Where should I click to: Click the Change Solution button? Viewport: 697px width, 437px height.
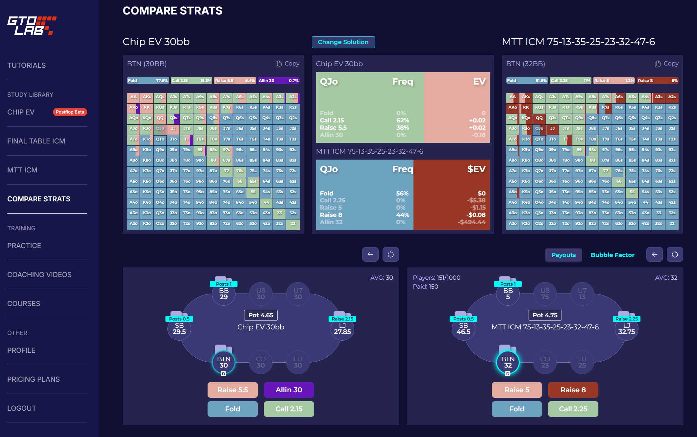point(343,42)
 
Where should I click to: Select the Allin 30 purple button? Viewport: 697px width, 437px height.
point(289,390)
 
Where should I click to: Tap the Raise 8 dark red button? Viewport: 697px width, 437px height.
point(573,390)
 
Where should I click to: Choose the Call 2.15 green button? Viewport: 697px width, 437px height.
point(289,409)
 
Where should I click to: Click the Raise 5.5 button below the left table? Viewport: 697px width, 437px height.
point(233,390)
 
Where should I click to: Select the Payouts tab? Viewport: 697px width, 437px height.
point(563,255)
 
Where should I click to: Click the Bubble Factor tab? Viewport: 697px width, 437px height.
point(612,255)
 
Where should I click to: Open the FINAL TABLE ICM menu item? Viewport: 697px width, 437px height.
point(36,141)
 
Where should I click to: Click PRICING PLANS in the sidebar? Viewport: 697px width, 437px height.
point(34,379)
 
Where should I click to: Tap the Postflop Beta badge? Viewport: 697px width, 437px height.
point(70,112)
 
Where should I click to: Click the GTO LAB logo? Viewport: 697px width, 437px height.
point(32,26)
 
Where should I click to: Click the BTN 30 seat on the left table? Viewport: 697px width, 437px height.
point(224,362)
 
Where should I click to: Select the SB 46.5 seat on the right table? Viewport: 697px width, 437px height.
point(463,329)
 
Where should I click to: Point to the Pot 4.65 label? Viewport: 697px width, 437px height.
point(261,315)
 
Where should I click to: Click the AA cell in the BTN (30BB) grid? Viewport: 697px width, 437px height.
point(133,97)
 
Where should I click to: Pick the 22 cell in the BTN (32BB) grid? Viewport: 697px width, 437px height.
point(672,224)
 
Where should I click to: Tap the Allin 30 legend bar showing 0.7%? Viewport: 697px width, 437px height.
point(278,81)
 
